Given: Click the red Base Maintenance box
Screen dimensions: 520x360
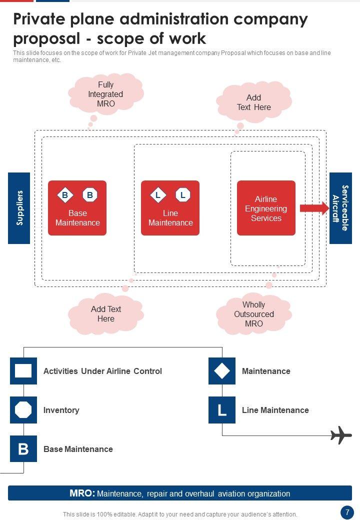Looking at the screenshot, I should click(77, 208).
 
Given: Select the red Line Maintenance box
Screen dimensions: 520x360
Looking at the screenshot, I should click(170, 208).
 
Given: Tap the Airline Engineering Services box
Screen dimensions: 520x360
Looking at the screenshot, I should click(266, 208).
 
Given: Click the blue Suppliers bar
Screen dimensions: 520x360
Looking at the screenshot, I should click(19, 208).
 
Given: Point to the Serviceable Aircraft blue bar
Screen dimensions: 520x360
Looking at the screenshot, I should click(340, 208).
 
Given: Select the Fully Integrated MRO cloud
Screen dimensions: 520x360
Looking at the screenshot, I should click(105, 94).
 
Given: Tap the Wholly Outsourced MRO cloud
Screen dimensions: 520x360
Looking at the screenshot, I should click(254, 314).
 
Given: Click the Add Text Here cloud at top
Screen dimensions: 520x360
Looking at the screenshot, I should click(254, 102).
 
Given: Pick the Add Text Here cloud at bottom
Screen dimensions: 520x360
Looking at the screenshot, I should click(106, 314).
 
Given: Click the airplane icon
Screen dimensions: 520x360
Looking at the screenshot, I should click(341, 435).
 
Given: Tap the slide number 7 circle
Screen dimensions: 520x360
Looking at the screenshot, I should click(347, 512).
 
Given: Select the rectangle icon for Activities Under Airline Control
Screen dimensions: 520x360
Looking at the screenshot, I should click(23, 371).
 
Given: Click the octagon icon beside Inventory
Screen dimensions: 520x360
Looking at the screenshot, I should click(23, 410).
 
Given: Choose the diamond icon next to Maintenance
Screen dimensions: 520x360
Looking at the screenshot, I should click(222, 371).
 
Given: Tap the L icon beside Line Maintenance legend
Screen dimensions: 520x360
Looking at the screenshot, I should click(222, 410).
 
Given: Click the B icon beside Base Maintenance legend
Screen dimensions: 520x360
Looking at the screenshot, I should click(23, 449).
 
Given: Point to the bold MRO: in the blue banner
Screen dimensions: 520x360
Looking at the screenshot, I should click(82, 493).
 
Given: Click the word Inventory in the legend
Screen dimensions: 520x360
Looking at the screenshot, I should click(61, 410).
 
